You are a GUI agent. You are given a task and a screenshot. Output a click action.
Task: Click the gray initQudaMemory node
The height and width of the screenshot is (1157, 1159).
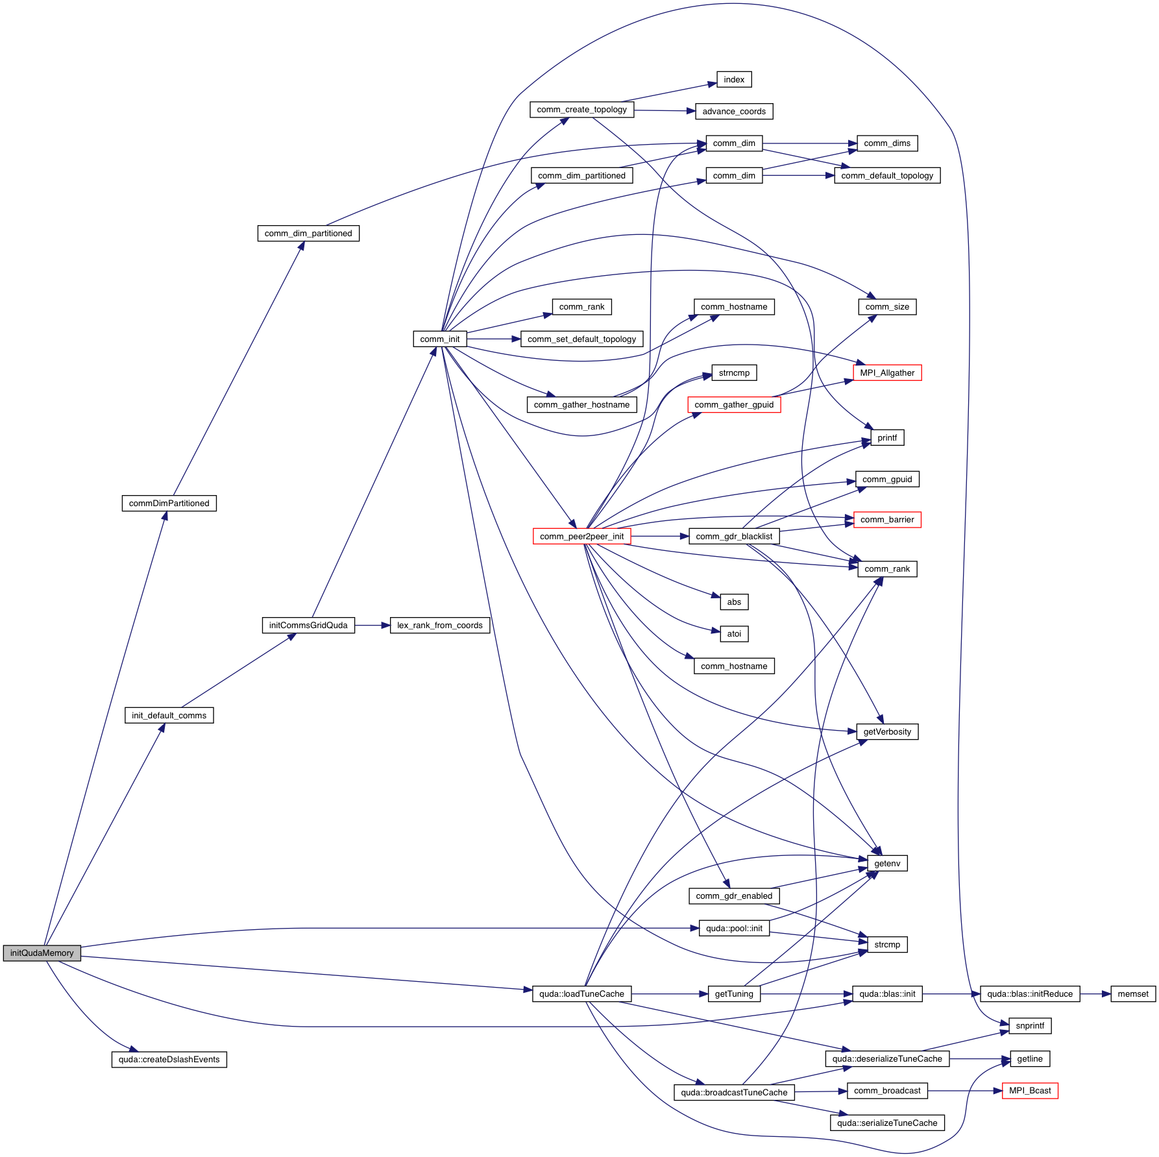coord(42,953)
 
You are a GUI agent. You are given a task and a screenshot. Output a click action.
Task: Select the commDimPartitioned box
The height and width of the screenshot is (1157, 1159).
coord(169,503)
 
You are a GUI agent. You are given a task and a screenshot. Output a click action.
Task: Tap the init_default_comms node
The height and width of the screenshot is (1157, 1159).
coord(169,715)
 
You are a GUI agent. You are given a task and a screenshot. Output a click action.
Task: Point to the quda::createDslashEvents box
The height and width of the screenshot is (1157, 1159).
coord(169,1059)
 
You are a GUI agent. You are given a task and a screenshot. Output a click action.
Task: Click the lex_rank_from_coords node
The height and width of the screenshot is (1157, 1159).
coord(439,625)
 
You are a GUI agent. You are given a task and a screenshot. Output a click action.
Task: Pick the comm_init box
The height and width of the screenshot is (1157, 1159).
coord(439,339)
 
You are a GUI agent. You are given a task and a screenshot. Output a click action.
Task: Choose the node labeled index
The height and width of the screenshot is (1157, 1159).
coord(734,79)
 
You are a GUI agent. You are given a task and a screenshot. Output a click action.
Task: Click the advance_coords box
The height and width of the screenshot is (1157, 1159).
coord(734,111)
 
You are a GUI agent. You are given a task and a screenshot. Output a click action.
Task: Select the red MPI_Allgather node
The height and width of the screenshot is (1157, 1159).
coord(887,372)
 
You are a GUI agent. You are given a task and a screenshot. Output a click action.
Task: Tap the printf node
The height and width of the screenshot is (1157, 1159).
coord(887,437)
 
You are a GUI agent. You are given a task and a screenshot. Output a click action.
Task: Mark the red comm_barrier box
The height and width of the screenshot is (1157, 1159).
coord(887,519)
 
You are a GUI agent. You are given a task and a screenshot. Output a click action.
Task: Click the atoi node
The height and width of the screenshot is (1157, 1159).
coord(734,633)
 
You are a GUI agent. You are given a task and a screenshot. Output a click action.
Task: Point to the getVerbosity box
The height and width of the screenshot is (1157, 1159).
coord(887,731)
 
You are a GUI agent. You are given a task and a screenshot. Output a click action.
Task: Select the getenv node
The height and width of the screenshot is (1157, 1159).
coord(887,863)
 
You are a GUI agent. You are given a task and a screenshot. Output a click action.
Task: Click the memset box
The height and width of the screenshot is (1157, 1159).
coord(1133,993)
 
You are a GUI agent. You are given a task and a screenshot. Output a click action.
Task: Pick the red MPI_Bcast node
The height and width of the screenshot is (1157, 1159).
coord(1030,1090)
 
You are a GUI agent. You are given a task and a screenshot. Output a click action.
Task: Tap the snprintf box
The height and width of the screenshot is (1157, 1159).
coord(1030,1025)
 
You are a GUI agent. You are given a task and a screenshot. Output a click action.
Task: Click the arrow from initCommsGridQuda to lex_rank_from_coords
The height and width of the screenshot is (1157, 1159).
coord(372,625)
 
